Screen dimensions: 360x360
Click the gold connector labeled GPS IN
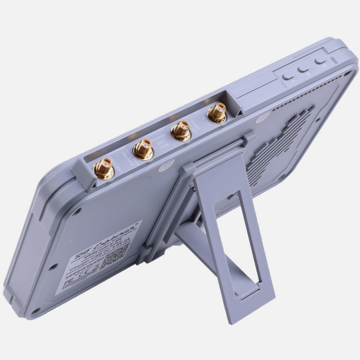click(x=217, y=113)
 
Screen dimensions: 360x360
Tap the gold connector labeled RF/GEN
click(x=181, y=130)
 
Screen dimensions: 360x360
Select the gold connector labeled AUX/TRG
click(x=143, y=149)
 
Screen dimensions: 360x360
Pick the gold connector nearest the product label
click(x=104, y=169)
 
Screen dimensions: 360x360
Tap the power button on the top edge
click(x=320, y=61)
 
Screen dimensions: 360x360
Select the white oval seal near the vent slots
click(x=263, y=117)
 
